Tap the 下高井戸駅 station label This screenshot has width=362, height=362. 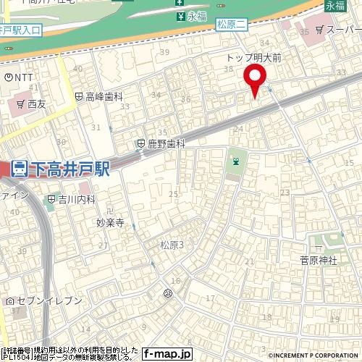click(70, 169)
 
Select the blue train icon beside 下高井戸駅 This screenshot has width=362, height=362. click(20, 169)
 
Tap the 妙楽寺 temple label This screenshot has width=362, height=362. click(111, 224)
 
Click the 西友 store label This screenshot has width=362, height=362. click(37, 104)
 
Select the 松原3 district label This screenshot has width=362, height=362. click(172, 245)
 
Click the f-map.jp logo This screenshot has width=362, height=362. click(167, 354)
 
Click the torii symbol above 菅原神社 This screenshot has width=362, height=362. click(316, 243)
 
